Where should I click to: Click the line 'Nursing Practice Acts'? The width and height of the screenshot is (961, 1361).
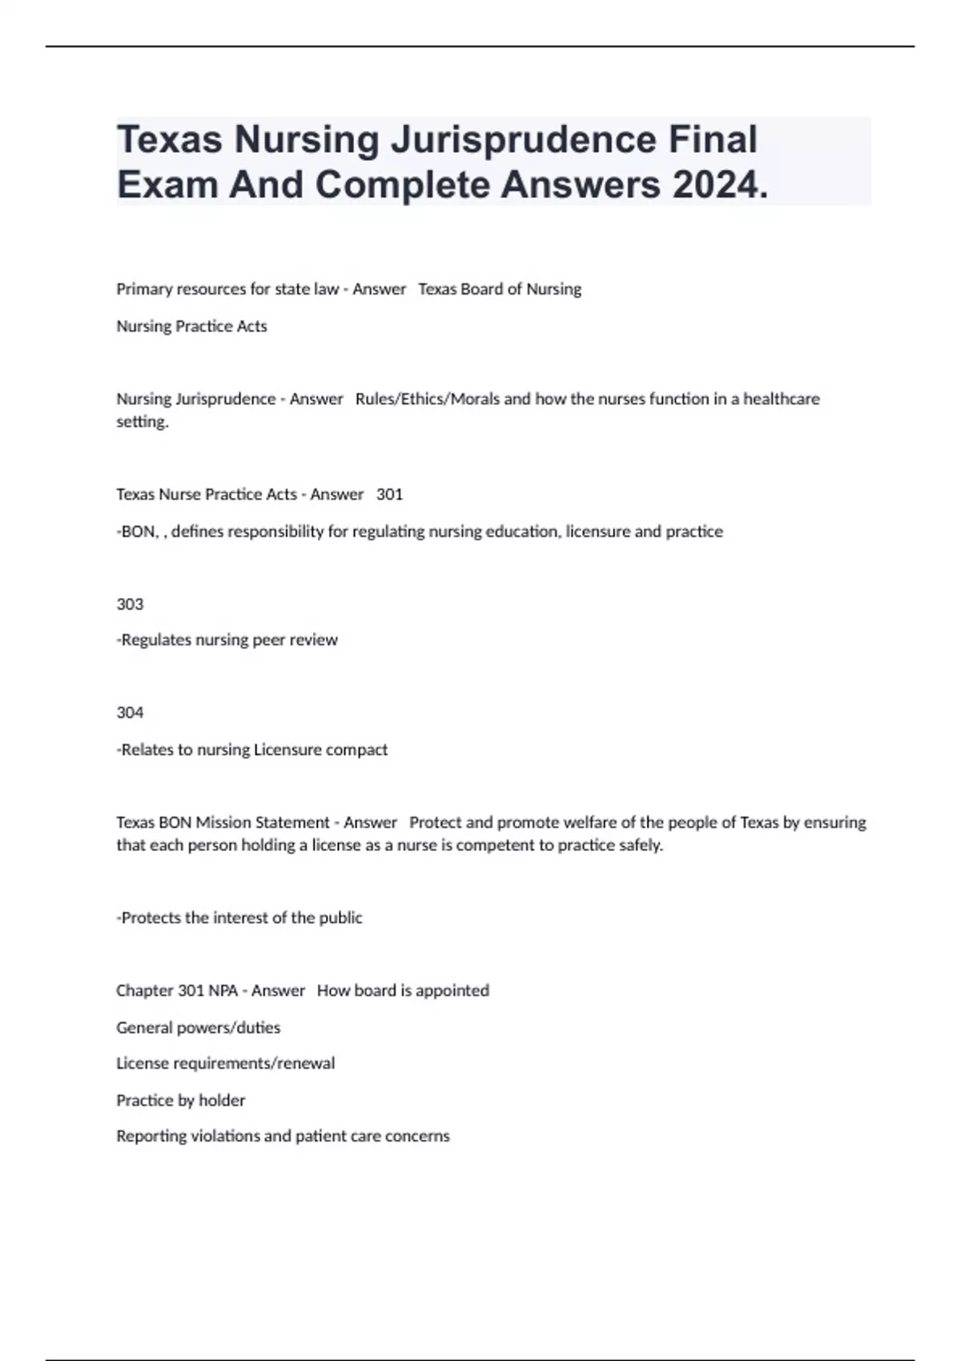(191, 326)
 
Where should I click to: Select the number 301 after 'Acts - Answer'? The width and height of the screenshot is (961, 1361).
(389, 494)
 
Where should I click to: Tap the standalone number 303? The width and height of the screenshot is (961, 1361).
(130, 604)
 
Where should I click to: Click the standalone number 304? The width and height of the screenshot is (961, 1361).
(130, 713)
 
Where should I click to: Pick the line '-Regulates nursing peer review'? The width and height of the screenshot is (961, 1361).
(227, 640)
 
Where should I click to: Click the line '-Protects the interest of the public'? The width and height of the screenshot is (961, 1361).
(239, 917)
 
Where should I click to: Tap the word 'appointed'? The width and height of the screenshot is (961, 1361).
(452, 990)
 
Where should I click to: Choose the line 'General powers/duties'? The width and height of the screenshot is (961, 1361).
(198, 1027)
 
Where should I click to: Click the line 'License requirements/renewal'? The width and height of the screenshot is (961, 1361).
(225, 1063)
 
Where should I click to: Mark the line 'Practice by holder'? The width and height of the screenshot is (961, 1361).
(180, 1100)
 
